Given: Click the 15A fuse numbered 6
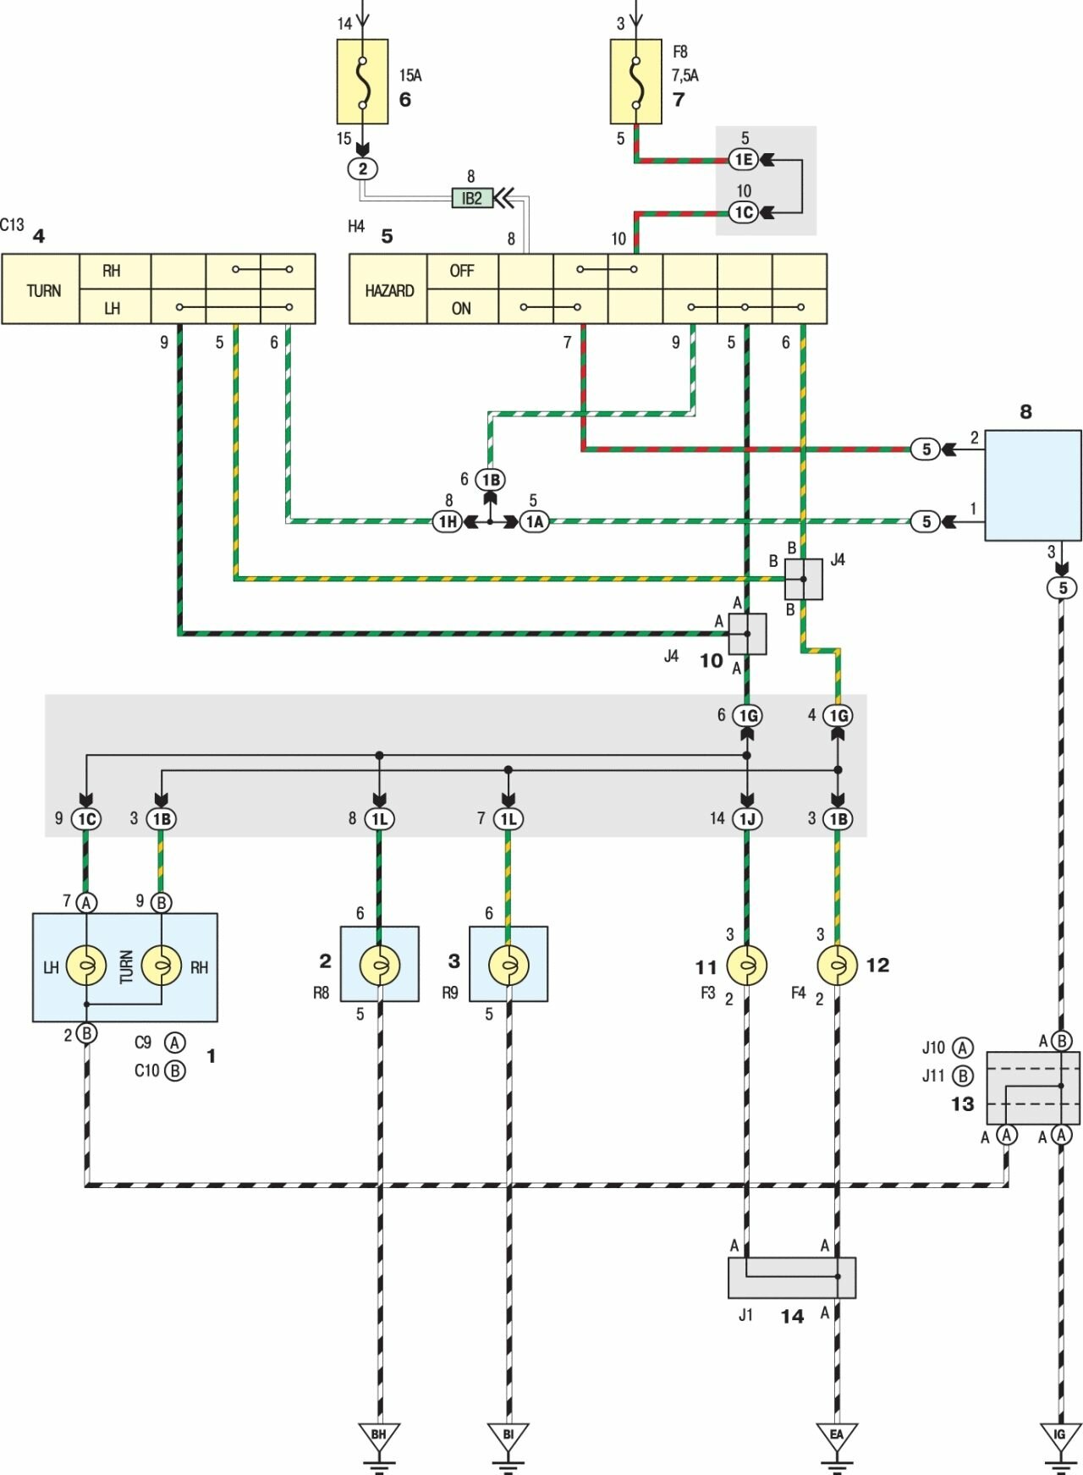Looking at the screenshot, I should tap(362, 82).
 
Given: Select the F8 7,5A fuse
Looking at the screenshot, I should tap(635, 82).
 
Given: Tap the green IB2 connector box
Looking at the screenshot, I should tap(472, 198).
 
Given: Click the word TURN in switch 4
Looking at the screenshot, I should tap(43, 290).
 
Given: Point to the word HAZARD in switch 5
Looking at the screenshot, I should tap(389, 290).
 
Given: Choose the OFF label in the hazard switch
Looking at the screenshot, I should tap(462, 271).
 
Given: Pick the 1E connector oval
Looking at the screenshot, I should tap(743, 159).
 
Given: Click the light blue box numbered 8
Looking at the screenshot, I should tap(1032, 485).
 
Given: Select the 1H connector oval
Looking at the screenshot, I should tap(448, 522).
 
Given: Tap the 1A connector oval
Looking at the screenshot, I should tap(534, 522).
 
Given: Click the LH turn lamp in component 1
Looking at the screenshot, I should tap(86, 966).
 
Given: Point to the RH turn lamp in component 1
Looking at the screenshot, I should tap(161, 966).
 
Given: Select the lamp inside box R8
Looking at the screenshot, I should tap(379, 966).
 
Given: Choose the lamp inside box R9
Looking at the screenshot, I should tap(509, 966).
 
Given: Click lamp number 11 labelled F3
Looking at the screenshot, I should tap(746, 966).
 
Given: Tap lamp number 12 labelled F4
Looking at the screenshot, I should tap(838, 966).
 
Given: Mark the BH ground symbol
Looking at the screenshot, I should tap(379, 1437).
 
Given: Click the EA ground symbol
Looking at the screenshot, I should tap(837, 1437).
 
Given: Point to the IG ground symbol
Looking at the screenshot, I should tap(1060, 1437).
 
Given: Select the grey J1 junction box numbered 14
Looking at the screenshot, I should tap(791, 1277).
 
